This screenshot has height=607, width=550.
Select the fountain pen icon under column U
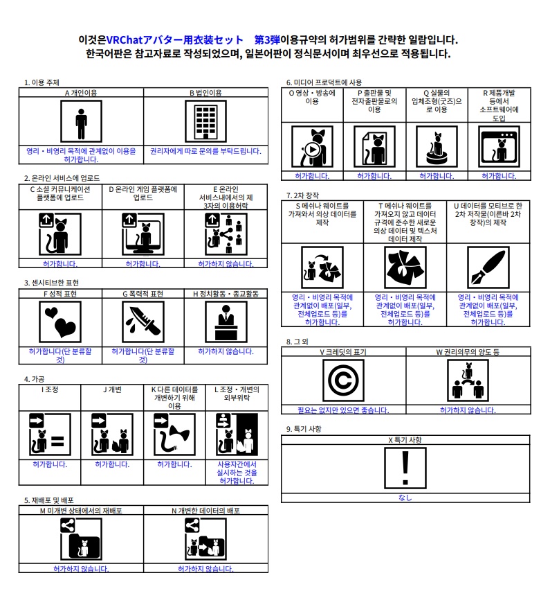(488, 268)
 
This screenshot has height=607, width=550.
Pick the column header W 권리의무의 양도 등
(468, 352)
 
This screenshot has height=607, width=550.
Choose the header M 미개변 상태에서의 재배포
(81, 510)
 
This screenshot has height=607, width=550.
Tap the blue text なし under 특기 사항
(405, 498)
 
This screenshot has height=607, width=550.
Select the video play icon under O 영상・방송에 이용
(312, 146)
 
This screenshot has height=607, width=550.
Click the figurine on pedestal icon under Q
(437, 146)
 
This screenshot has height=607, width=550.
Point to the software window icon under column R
(499, 146)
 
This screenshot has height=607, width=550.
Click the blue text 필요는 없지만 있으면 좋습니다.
(343, 410)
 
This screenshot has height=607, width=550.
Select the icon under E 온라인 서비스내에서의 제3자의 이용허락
(226, 234)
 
